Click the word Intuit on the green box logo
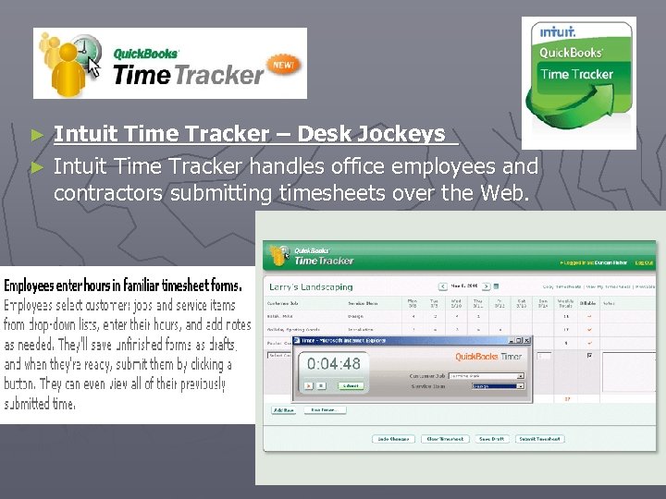558,31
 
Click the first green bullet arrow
38,135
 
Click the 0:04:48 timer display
335,364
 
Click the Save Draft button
492,438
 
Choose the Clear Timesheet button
447,438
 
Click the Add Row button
283,409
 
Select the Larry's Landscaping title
312,286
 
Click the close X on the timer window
529,340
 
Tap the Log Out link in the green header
645,263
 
